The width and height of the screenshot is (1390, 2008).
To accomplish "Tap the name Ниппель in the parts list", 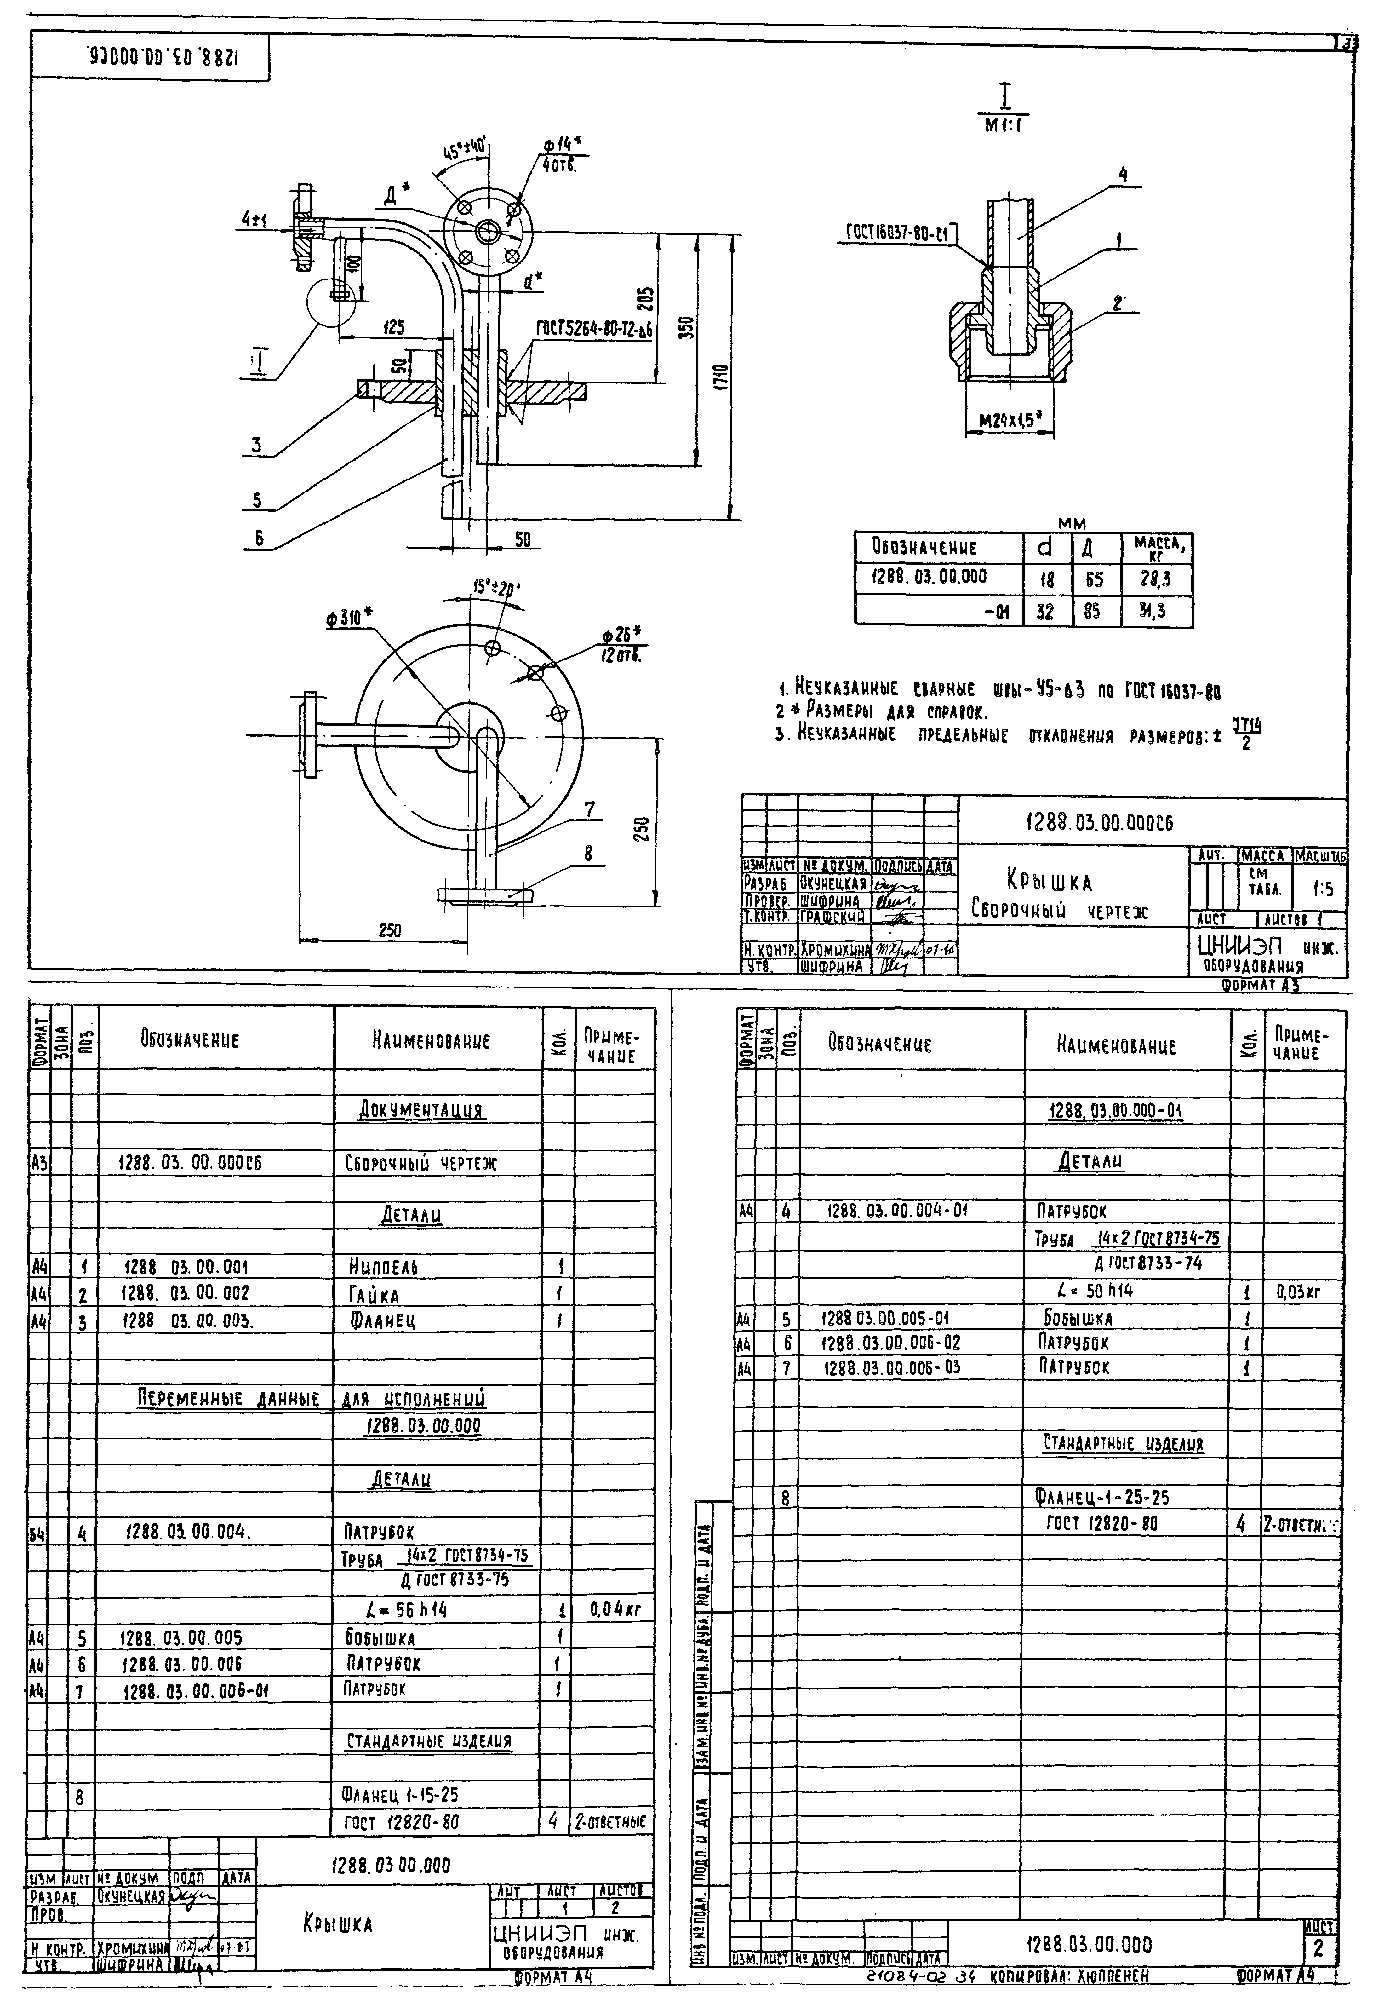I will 382,1268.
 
